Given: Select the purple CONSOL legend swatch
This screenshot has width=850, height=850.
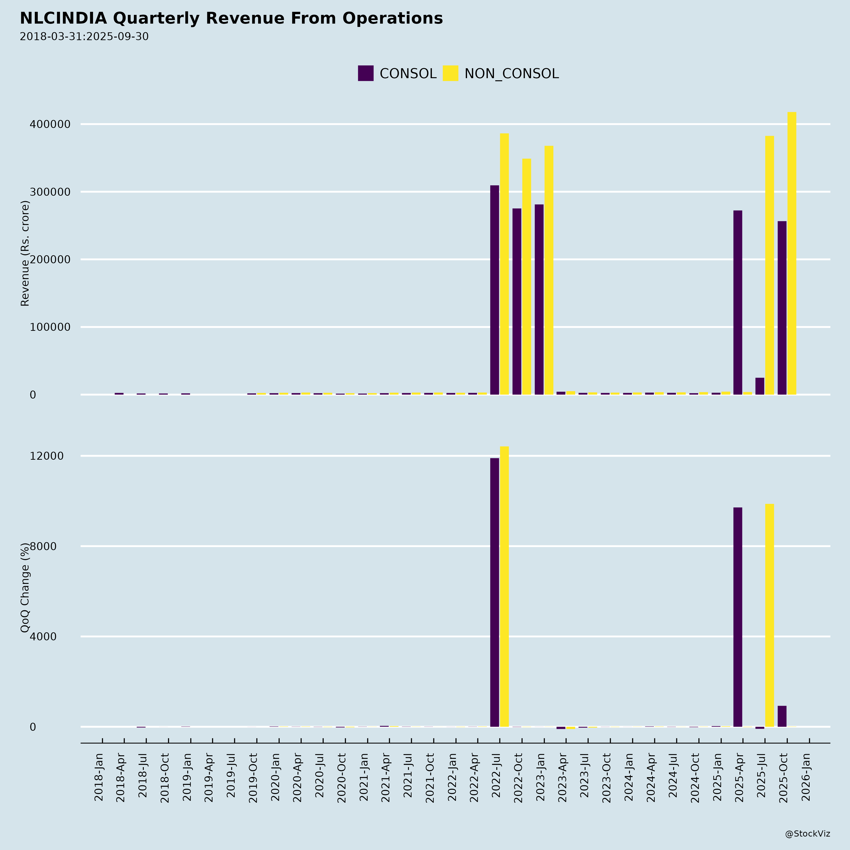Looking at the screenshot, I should tap(365, 73).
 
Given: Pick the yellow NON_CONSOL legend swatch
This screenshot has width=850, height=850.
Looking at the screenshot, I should tap(450, 73).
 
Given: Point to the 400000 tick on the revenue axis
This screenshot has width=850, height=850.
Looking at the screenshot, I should tap(50, 124).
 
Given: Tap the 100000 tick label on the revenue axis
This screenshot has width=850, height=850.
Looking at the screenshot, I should tap(50, 327).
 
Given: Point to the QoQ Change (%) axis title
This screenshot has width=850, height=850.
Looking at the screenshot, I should tap(25, 587).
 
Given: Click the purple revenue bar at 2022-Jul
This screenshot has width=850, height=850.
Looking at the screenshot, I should tap(494, 290).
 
